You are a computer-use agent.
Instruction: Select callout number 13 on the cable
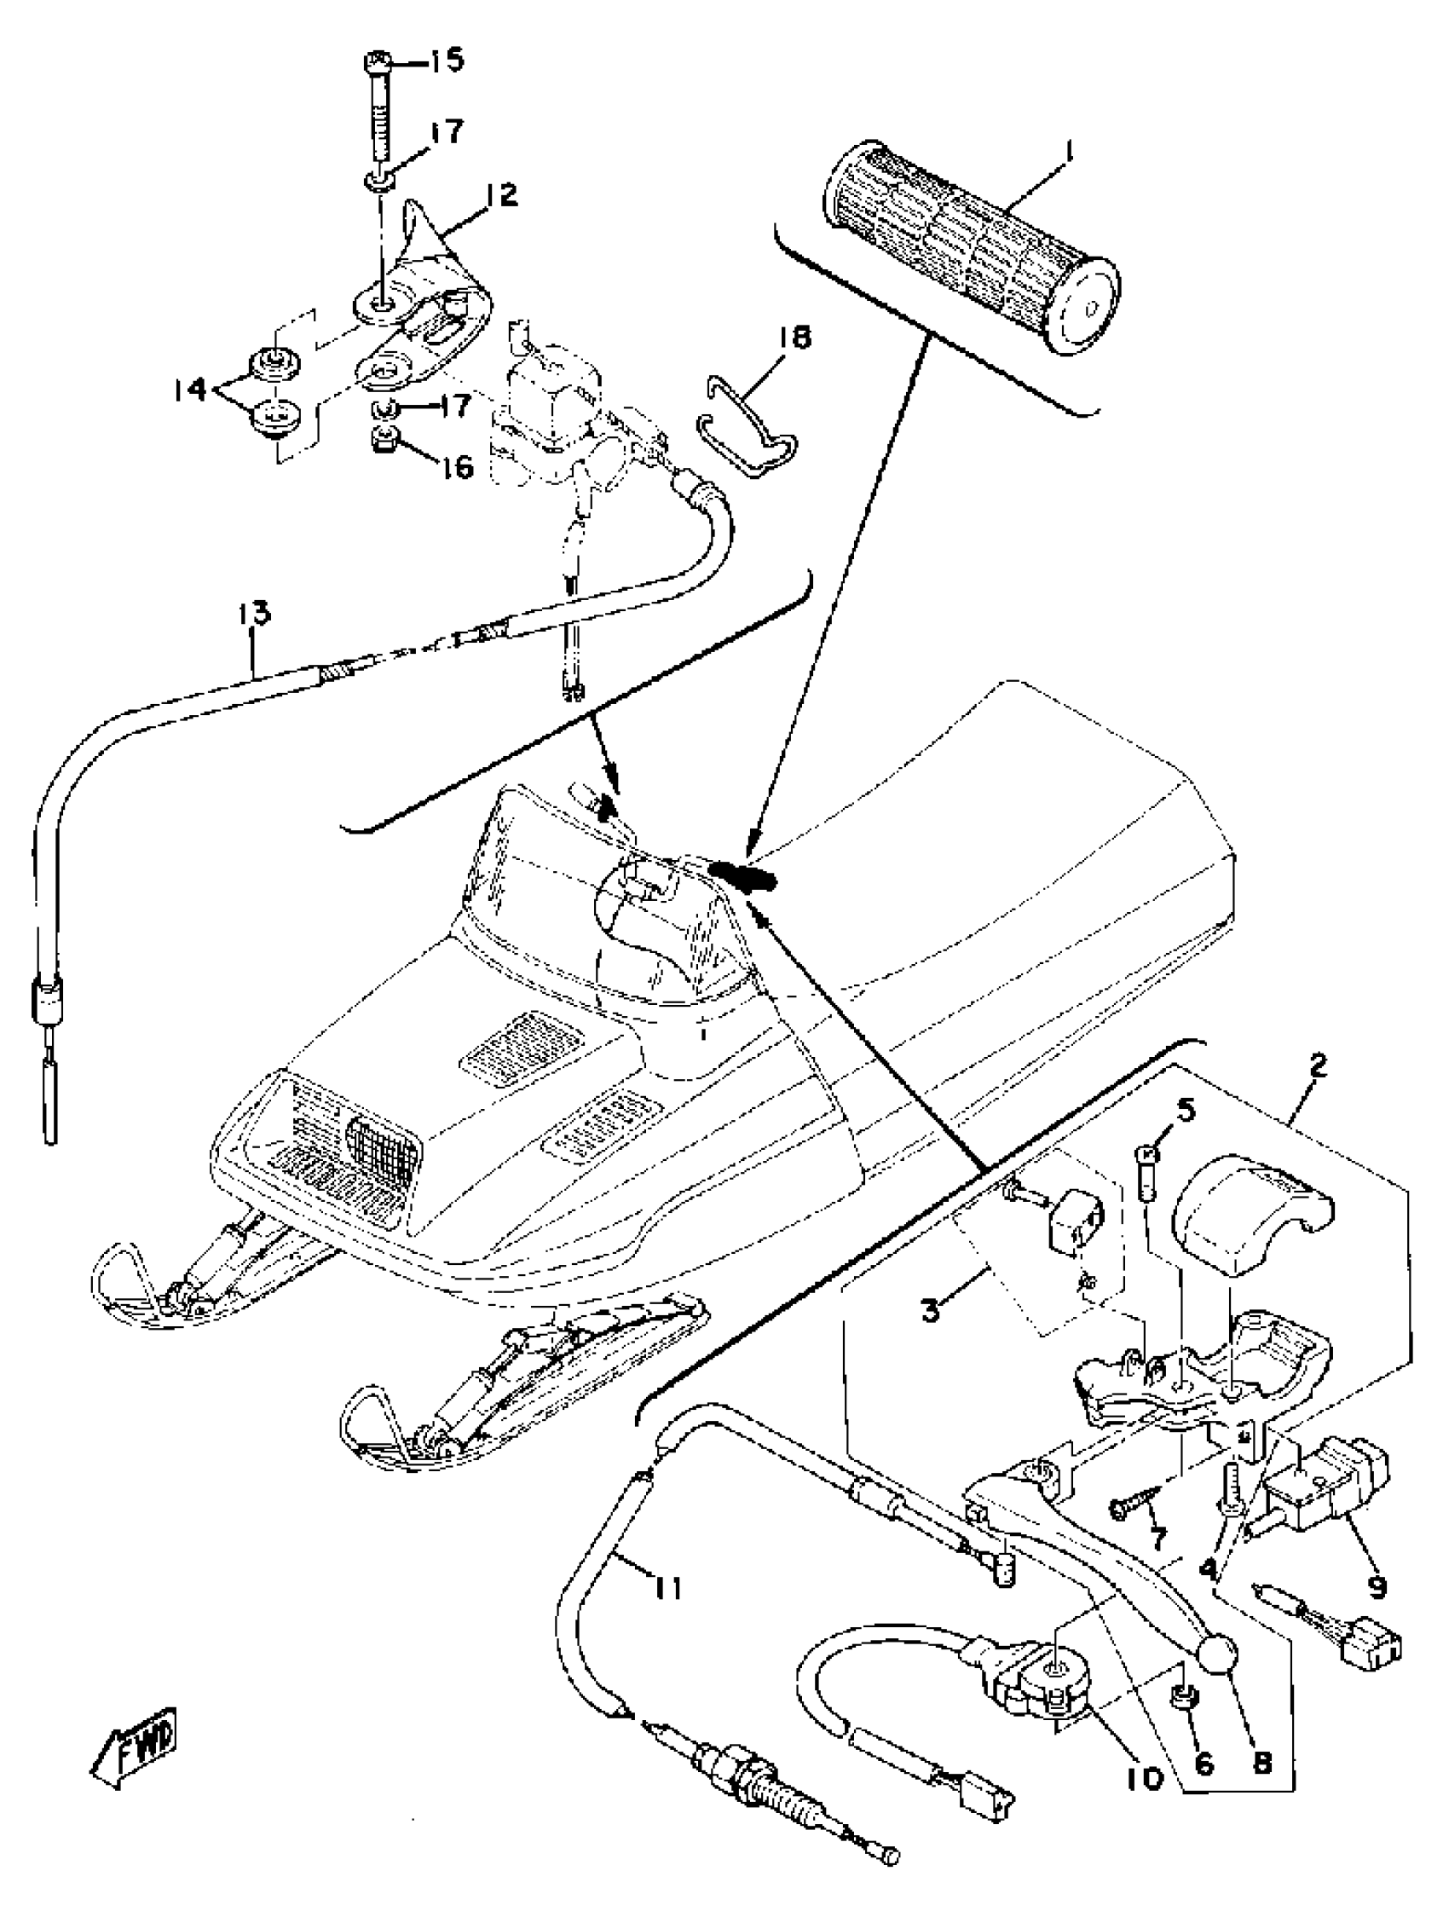pos(255,613)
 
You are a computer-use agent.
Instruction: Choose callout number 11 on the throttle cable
pos(667,1587)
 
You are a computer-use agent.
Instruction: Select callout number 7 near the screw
pos(1157,1538)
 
